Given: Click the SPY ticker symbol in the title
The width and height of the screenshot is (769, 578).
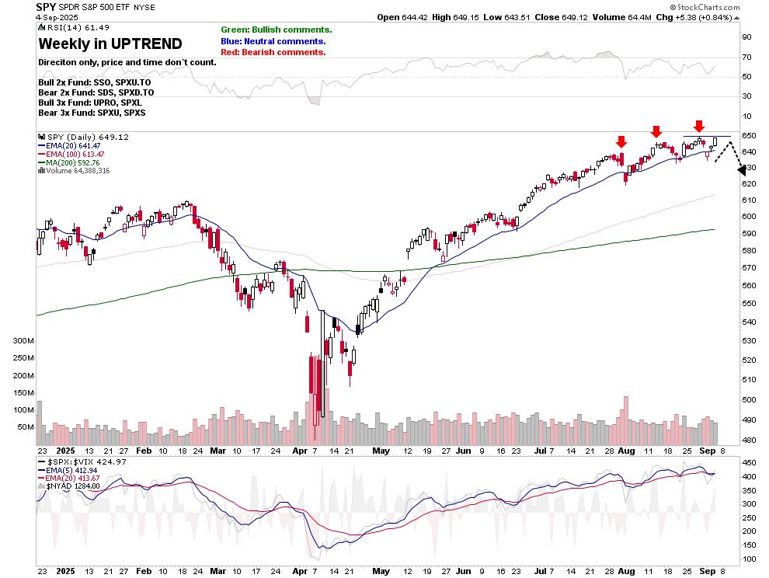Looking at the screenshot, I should coord(47,6).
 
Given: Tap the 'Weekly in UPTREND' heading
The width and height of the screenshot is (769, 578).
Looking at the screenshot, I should coord(110,44).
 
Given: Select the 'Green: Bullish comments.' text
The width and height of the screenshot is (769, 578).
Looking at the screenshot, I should coord(276,30).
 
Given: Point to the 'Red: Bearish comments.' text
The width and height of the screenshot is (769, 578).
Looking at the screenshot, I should coord(273,52).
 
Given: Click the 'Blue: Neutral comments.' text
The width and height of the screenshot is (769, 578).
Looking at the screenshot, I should coord(273,41).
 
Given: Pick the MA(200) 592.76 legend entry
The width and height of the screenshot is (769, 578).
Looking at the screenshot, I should coord(75,162).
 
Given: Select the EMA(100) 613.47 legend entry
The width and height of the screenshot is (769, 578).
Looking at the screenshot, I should coord(76,155).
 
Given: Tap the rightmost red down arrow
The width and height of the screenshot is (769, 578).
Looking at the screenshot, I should coord(699,127).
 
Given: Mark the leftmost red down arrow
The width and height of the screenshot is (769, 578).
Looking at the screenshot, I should coord(621,142).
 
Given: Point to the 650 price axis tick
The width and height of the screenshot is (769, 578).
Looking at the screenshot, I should coord(749,136).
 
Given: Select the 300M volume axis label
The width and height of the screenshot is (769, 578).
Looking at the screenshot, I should coord(23,341).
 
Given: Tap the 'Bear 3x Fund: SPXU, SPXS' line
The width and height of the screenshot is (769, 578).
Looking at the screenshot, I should coord(92,113).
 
